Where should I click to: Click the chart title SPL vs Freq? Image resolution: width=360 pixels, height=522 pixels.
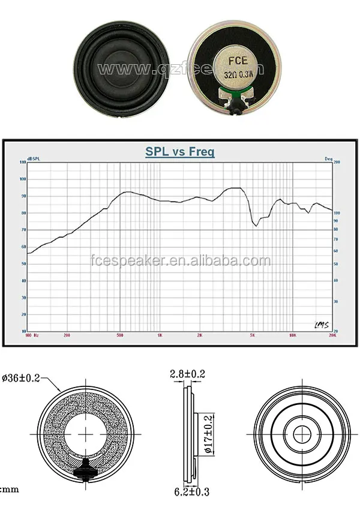coord(179,152)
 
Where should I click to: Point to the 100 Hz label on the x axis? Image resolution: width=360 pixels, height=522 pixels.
coord(32,335)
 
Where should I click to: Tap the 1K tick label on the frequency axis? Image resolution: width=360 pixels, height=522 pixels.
coord(160,335)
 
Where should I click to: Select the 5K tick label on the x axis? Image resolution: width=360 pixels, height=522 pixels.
coord(253,335)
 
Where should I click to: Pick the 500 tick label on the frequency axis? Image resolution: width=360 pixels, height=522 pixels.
coord(121,335)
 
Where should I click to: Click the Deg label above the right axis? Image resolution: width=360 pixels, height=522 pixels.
coord(328,158)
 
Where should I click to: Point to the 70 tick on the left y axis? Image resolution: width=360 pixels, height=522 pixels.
coord(23,230)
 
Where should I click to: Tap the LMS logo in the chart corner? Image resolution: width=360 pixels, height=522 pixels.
coord(321,325)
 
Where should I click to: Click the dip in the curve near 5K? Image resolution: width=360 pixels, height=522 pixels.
coord(256,225)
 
